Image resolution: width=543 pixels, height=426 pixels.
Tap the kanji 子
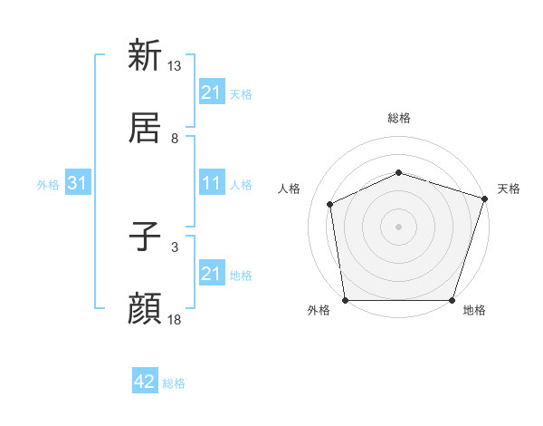145,238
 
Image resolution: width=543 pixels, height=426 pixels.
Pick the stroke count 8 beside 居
175,138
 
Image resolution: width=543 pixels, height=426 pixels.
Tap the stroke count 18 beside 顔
175,320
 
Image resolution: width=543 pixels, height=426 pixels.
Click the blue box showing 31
77,183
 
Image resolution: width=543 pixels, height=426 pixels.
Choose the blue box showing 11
211,183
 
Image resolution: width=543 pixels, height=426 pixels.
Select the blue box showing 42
145,382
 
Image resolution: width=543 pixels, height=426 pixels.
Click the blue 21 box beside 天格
211,92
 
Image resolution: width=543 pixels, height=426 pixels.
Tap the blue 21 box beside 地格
211,274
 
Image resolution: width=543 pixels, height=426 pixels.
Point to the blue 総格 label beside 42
174,383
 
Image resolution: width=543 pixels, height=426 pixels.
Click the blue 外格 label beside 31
48,184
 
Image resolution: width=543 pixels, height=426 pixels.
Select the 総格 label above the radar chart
398,119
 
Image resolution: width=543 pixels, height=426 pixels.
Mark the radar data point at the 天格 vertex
484,198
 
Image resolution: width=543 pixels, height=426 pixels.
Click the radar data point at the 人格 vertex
330,204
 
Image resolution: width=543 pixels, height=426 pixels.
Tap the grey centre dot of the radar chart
398,226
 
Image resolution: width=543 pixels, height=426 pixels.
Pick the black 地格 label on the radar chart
474,311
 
